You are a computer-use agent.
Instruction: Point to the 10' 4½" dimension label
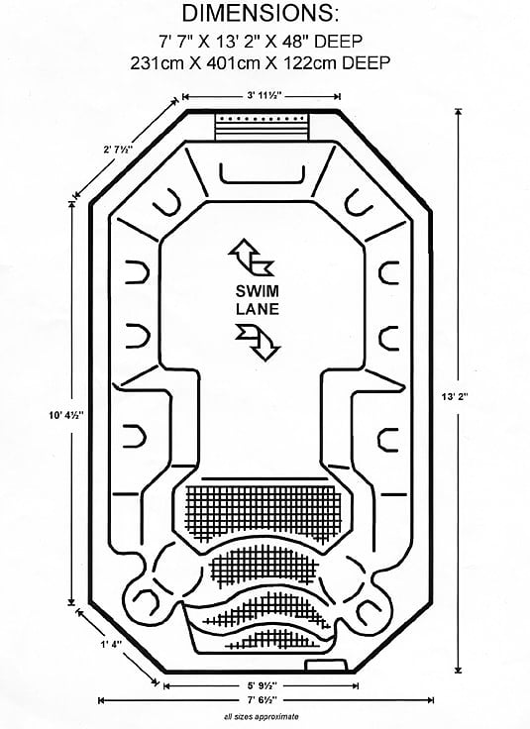(66, 415)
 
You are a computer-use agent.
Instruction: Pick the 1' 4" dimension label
(111, 644)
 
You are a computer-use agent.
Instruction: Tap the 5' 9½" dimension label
(262, 685)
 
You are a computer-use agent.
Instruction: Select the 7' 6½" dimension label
(263, 699)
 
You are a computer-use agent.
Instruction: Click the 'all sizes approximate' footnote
(262, 716)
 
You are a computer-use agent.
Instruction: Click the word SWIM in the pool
(258, 291)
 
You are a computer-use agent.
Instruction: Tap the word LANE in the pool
(258, 309)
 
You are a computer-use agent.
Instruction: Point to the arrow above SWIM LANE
(251, 258)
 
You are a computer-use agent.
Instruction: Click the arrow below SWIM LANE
(258, 343)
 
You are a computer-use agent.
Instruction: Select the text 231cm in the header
(157, 62)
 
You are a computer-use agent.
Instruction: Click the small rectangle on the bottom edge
(326, 665)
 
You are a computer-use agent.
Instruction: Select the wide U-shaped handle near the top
(263, 174)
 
